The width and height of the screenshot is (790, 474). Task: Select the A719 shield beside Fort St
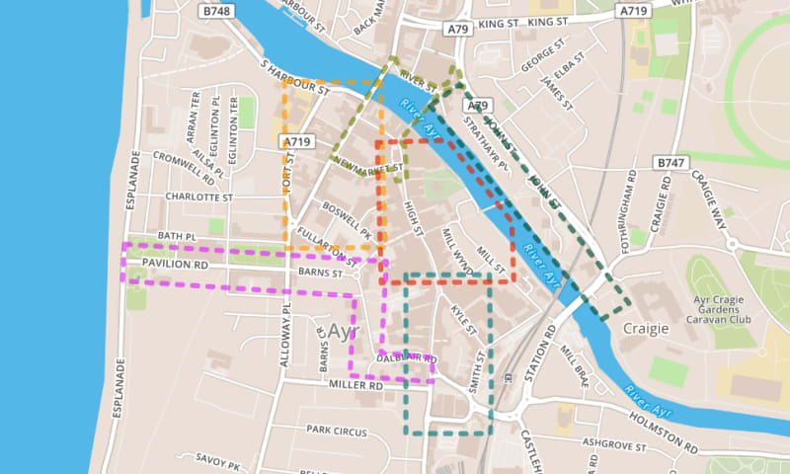pos(297,143)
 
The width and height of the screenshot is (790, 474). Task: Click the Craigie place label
pos(647,328)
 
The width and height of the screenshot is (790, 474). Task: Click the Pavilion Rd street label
pos(175,266)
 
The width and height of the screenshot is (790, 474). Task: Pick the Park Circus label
pos(336,431)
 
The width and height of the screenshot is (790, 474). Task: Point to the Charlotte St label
pos(197,197)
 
